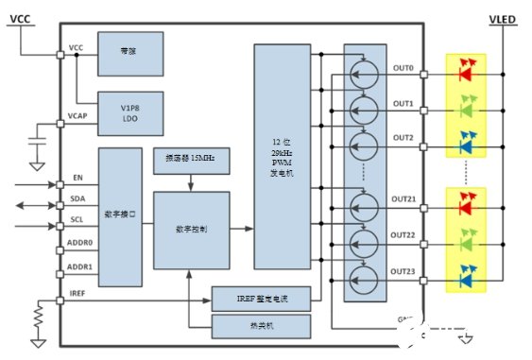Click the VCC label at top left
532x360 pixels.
click(x=22, y=17)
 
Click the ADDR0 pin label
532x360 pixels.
click(x=82, y=246)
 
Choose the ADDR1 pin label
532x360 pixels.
click(x=82, y=268)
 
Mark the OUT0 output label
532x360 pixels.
click(x=403, y=69)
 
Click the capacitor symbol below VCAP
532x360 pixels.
click(x=35, y=141)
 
